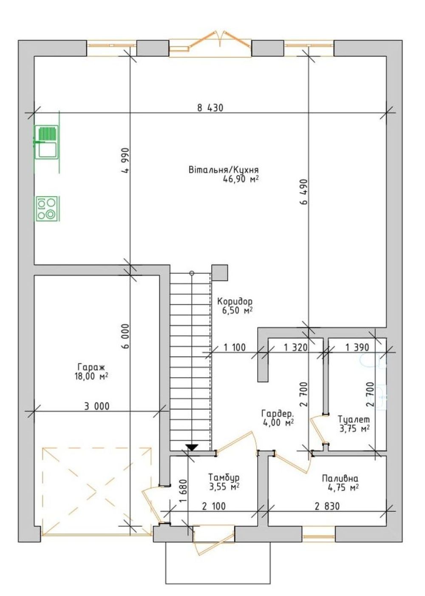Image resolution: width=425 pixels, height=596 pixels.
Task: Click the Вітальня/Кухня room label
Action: pos(224,170)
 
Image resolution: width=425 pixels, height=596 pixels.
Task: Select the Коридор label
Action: pos(235,302)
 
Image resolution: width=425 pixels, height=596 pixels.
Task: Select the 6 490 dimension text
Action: pos(304,191)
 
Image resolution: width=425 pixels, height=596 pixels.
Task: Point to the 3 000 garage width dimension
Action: pos(97,406)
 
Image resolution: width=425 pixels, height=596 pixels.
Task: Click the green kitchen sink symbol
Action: pos(47,143)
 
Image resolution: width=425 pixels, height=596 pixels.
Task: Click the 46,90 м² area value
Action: pos(241,179)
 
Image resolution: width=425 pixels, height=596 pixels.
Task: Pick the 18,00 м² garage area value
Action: pos(91,376)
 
